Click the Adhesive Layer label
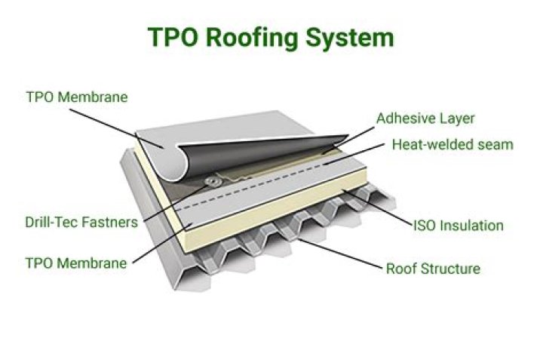426,118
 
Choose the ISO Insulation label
458,225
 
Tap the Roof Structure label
433,268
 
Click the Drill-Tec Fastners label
81,222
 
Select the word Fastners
112,222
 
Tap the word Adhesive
404,118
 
